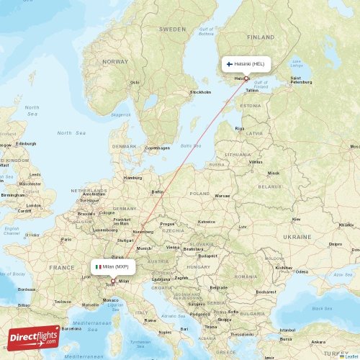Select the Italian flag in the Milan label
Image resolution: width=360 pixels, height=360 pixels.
coord(98,266)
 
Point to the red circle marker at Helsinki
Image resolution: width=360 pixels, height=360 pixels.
coord(246,78)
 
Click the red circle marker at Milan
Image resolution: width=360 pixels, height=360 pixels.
coord(112,282)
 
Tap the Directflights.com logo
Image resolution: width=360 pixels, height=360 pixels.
coord(34,337)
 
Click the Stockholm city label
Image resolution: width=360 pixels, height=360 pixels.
coord(200,92)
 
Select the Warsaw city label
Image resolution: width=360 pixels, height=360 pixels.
coord(222,195)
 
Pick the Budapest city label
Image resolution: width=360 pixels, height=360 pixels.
coord(208,255)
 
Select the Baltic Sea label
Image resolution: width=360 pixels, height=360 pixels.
coord(191,145)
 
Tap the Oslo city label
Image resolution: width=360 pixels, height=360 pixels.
coord(135,82)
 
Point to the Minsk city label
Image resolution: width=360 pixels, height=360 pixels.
coord(273,174)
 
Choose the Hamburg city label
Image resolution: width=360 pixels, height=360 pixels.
coord(132,177)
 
